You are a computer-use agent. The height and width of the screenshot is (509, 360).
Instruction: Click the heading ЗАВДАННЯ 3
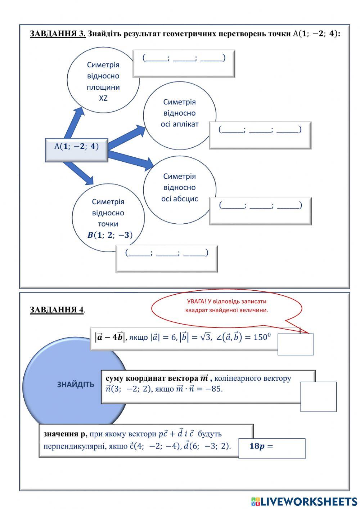tap(58, 34)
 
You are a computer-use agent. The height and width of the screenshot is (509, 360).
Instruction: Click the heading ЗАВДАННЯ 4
tap(57, 310)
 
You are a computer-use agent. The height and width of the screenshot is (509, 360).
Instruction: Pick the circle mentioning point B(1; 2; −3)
tap(108, 218)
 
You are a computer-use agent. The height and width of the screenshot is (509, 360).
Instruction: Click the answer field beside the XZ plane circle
tap(184, 63)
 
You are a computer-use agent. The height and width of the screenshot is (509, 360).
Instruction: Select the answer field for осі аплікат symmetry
tap(260, 135)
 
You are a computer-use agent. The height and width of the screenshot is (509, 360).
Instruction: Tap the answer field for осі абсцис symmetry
tap(260, 211)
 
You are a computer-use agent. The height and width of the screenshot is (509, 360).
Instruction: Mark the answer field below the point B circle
tap(167, 258)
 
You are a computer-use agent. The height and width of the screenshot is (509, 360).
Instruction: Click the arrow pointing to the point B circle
tap(80, 173)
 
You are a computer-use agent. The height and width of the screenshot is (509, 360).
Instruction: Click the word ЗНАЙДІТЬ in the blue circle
tap(76, 385)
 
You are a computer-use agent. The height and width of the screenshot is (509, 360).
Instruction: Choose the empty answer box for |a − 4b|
tap(296, 344)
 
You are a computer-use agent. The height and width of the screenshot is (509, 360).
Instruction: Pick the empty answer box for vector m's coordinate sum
tap(318, 397)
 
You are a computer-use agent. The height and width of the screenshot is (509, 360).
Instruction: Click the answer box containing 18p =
tap(272, 448)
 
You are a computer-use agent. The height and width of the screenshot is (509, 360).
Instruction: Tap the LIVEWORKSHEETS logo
tap(304, 501)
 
